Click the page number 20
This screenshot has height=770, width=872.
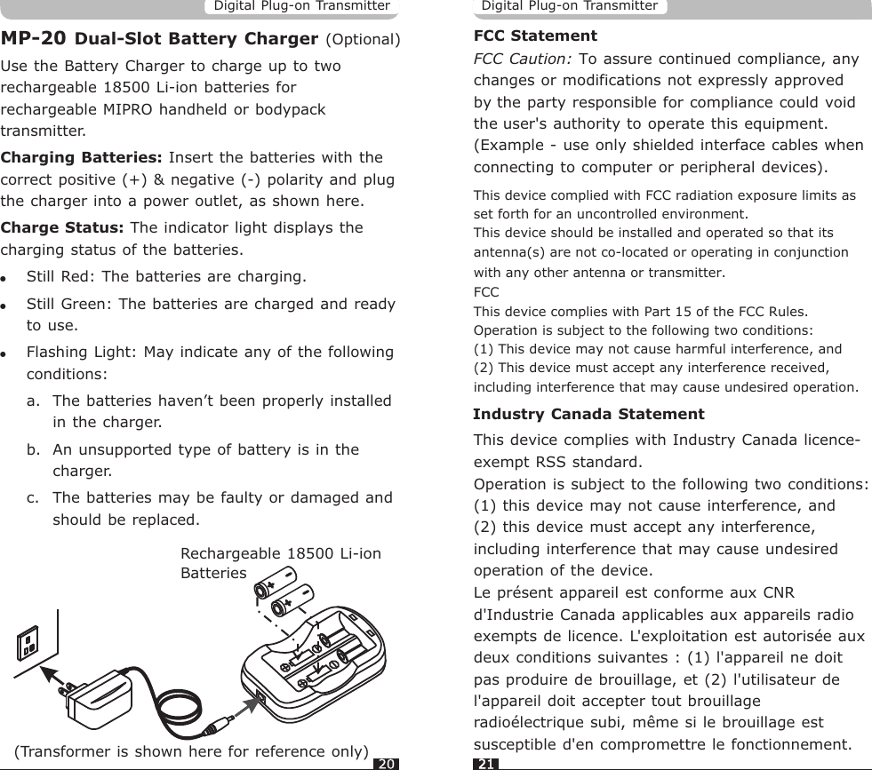click(384, 763)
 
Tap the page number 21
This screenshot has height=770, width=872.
click(485, 763)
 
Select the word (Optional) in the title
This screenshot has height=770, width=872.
click(364, 41)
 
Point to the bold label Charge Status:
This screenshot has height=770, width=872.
click(63, 227)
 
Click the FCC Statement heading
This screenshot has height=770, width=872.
click(535, 37)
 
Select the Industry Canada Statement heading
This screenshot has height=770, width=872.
click(588, 415)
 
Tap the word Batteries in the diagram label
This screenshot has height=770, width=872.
click(213, 574)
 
